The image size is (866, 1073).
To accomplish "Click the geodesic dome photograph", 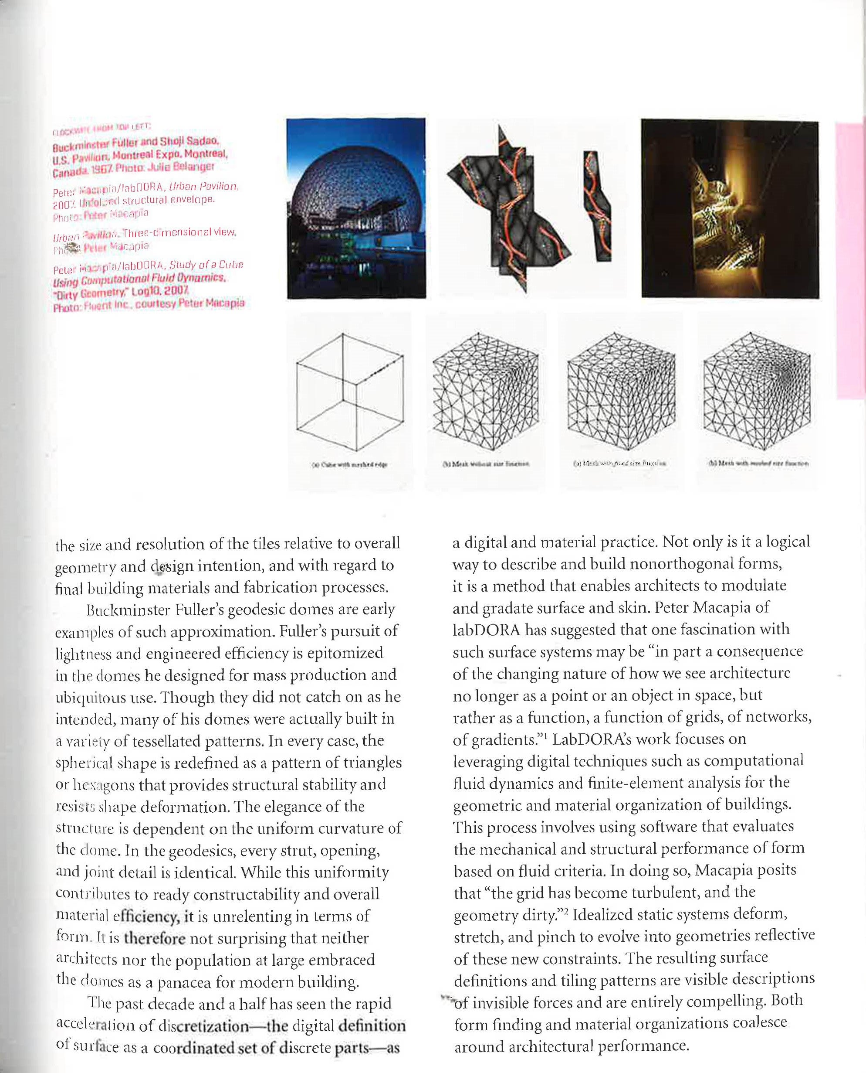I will coord(356,208).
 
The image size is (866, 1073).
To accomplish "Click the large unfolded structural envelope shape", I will coord(509,210).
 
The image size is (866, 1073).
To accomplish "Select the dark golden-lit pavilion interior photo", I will coord(730,208).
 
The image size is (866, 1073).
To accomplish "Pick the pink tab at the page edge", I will coord(850,259).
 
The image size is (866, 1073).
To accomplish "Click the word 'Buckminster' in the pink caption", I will coord(79,147).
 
